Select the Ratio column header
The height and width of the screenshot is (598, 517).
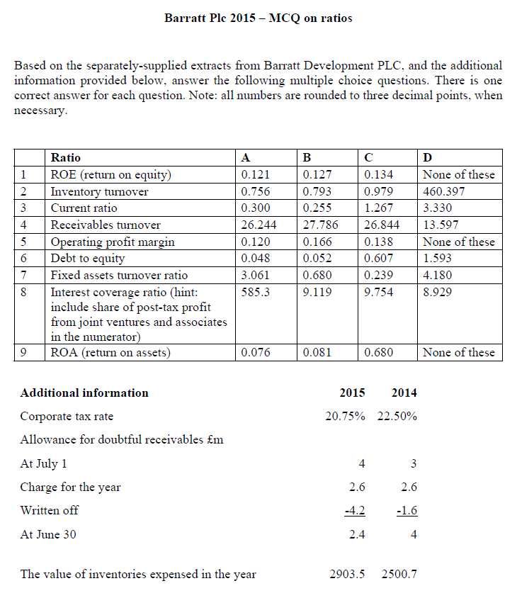coord(66,157)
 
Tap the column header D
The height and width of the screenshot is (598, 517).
coord(427,157)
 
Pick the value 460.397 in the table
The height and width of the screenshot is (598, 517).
coord(442,191)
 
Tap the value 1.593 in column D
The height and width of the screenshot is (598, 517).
coord(437,259)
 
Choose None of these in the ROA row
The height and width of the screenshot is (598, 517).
coord(458,352)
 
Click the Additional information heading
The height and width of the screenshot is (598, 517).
coord(84,393)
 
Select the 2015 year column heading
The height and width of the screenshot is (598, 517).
coord(353,393)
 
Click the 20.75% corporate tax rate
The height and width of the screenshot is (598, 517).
coord(345,416)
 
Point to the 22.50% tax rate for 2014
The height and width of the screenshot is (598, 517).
coord(397,416)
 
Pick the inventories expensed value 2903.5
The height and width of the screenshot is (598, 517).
coord(347,574)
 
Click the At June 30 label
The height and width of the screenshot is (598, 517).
coord(48,534)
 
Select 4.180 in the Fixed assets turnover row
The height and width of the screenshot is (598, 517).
coord(437,276)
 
